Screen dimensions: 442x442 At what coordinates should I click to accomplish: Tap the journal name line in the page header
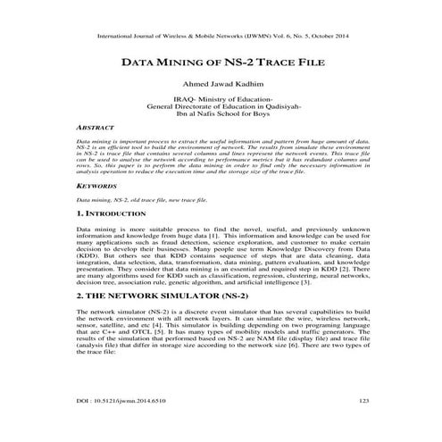(x=221, y=37)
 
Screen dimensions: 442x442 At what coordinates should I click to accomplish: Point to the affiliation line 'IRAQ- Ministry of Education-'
(x=221, y=100)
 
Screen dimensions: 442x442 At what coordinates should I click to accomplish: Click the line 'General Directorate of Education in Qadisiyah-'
(x=221, y=107)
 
